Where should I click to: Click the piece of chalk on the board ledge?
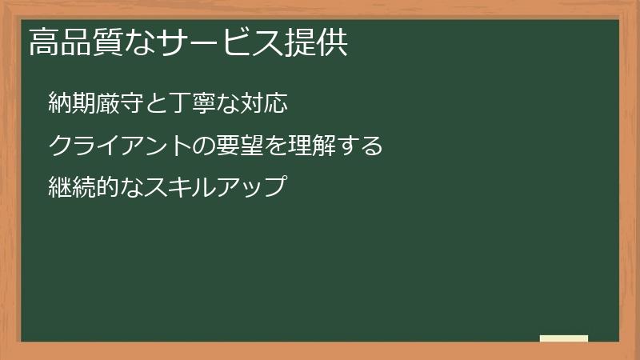click(564, 338)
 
